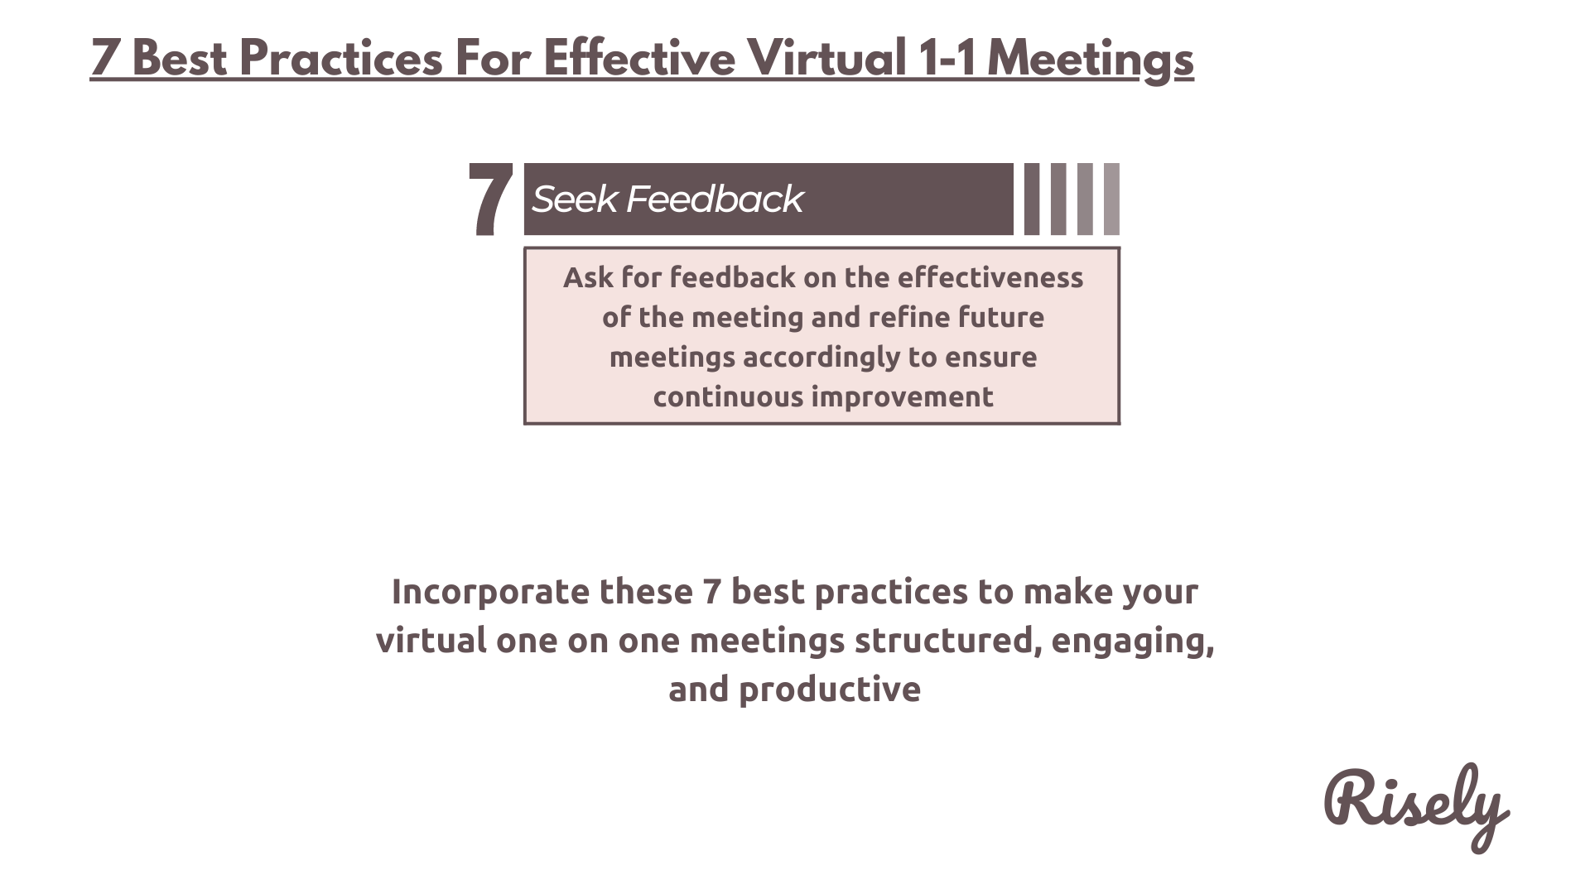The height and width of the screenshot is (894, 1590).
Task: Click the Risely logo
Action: (1416, 807)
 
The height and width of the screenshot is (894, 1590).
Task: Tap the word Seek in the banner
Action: (574, 199)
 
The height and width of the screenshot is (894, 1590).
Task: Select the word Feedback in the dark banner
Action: (714, 199)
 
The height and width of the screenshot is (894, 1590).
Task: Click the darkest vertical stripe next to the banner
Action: (1032, 199)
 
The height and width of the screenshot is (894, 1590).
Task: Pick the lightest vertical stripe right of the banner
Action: (1111, 199)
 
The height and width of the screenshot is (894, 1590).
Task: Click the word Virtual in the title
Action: (826, 58)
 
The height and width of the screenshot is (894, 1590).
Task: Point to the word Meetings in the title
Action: (1091, 60)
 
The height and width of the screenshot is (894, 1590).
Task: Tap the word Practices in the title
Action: (341, 58)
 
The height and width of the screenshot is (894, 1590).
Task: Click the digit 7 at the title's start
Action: (104, 58)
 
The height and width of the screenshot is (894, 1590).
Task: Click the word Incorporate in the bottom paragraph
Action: (490, 592)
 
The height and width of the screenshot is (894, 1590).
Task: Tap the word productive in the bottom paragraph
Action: (829, 690)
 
